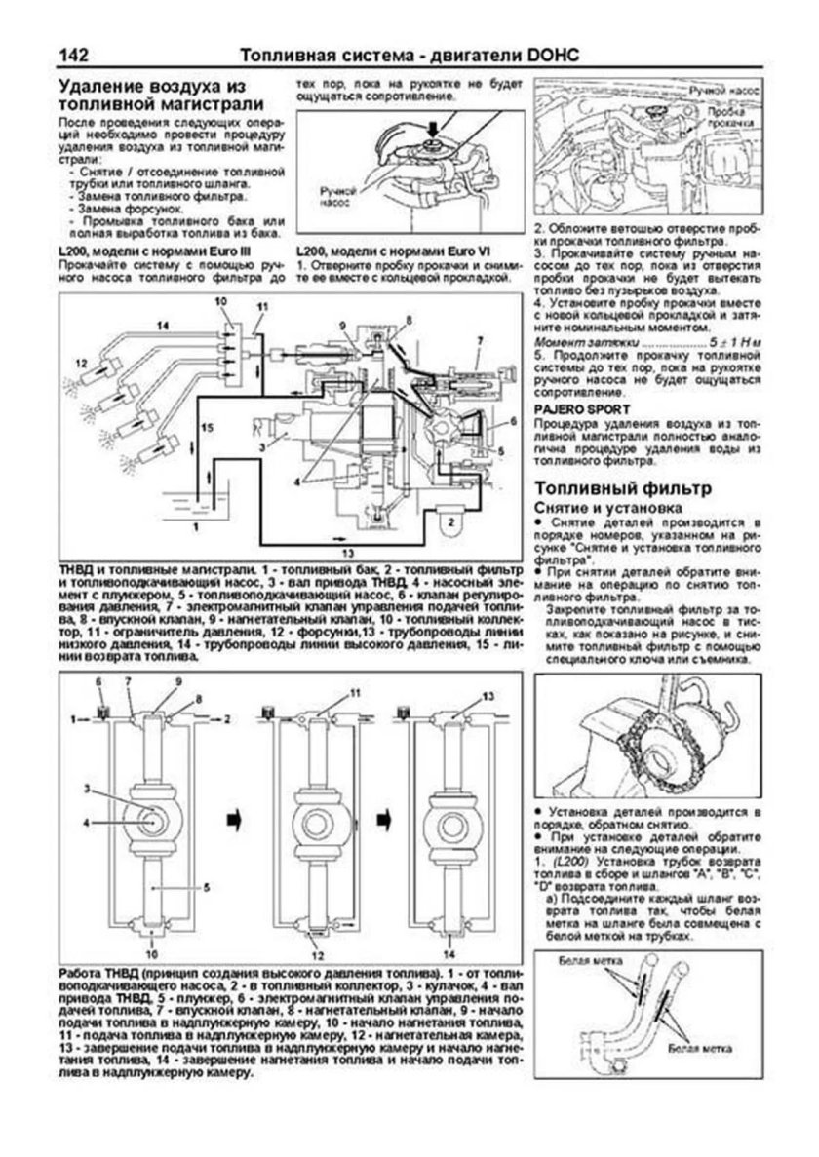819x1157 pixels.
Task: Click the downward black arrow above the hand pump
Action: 431,128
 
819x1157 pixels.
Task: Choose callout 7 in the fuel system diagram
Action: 480,337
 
